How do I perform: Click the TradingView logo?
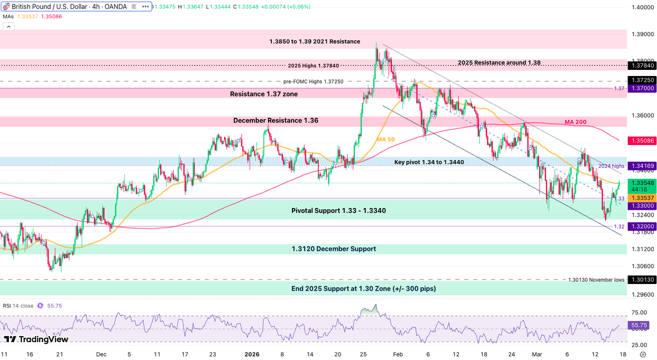[36, 339]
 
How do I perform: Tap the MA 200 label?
[575, 122]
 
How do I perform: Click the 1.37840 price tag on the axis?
[642, 66]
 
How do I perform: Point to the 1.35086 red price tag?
[642, 140]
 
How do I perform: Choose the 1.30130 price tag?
[642, 280]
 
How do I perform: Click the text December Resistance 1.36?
[275, 121]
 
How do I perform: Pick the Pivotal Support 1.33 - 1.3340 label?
[338, 211]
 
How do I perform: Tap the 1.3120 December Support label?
[334, 249]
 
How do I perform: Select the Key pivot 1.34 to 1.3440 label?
[429, 162]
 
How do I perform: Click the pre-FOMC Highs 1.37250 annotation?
[313, 81]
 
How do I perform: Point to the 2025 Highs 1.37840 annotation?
[313, 66]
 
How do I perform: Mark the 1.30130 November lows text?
[596, 280]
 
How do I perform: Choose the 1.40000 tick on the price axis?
[642, 7]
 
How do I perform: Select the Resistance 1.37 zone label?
[264, 94]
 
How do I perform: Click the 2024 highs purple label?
[611, 166]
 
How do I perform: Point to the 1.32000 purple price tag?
[642, 226]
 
